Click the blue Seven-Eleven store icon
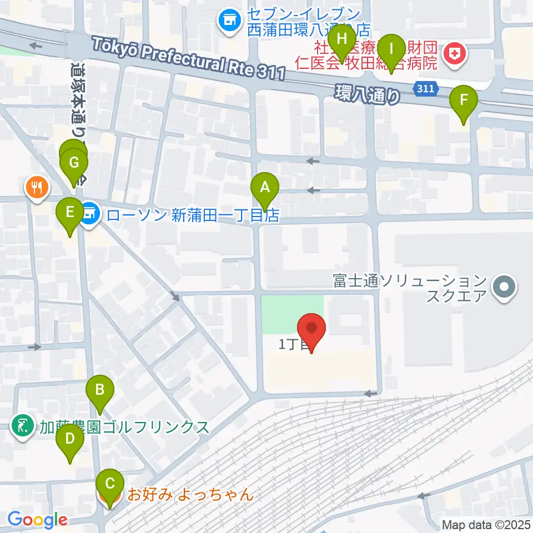(227, 21)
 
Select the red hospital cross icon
(454, 54)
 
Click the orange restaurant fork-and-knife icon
(37, 186)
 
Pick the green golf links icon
(22, 426)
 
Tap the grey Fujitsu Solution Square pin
(505, 288)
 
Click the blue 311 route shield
(425, 88)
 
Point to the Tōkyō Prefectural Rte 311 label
(189, 57)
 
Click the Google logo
(37, 520)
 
